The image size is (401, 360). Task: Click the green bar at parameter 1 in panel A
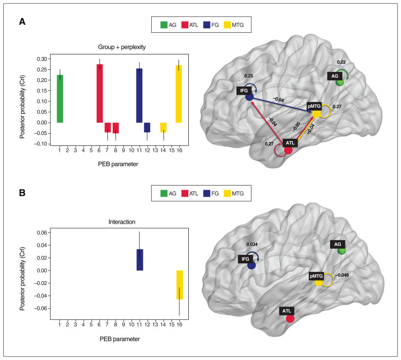click(60, 98)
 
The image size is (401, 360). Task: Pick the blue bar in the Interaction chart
click(139, 260)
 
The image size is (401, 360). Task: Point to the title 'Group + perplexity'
click(119, 47)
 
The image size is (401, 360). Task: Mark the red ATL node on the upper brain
click(288, 150)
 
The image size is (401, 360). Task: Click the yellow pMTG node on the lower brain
click(318, 282)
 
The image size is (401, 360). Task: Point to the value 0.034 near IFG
click(253, 244)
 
